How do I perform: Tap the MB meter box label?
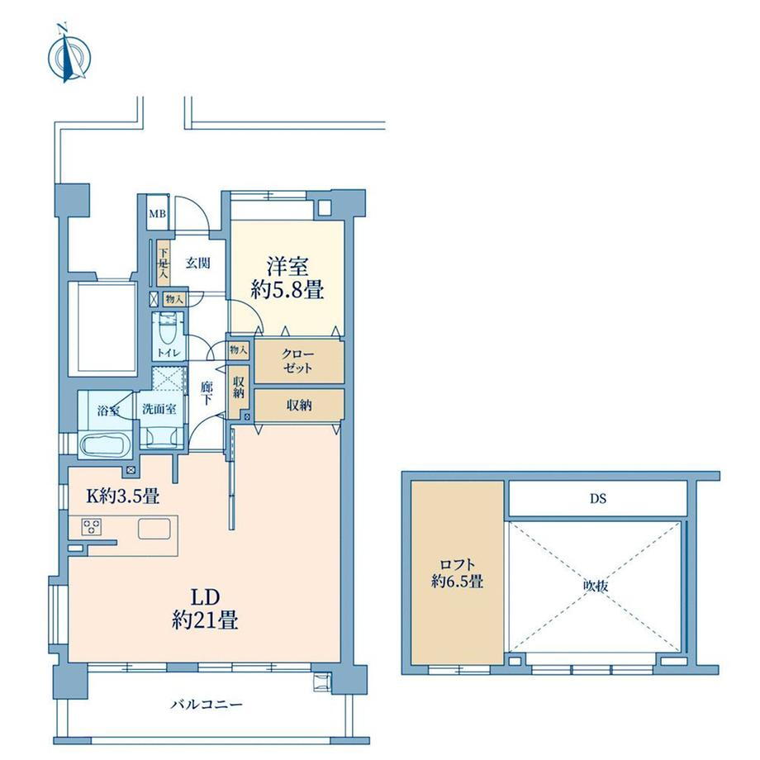tap(157, 214)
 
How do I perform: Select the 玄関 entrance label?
tap(198, 264)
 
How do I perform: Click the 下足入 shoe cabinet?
tap(164, 264)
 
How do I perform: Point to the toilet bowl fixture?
tap(168, 330)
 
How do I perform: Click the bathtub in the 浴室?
tap(104, 444)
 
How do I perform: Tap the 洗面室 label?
tap(159, 409)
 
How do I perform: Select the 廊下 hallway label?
tap(207, 393)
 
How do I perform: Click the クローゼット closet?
tap(299, 362)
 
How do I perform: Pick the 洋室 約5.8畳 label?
tap(287, 278)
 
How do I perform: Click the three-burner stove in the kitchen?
tap(91, 527)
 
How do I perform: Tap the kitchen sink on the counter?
tap(154, 529)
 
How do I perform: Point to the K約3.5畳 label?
tap(122, 496)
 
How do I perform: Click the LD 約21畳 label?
tap(205, 609)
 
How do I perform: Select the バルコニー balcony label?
tap(207, 705)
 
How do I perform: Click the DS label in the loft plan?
tap(597, 498)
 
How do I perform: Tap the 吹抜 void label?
tap(596, 586)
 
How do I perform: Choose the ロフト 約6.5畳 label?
tap(457, 572)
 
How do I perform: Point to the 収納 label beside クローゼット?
tap(299, 406)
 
